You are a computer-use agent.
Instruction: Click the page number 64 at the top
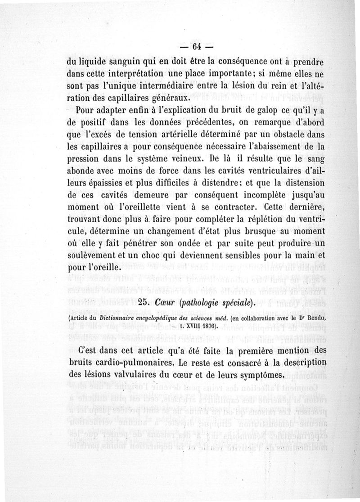[x=196, y=47]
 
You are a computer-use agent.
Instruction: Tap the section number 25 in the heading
[x=146, y=302]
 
